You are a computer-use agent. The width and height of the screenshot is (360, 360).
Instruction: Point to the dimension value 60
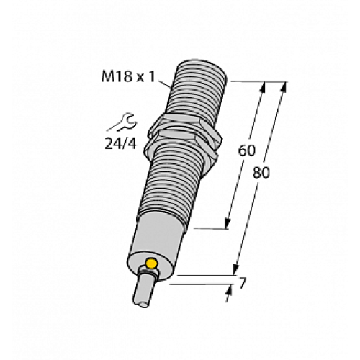[247, 151]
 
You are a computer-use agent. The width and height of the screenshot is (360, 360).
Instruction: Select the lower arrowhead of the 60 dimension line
[230, 223]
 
